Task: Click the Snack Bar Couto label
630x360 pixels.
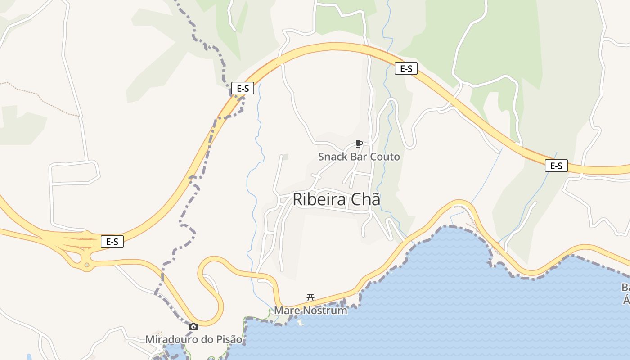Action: [359, 157]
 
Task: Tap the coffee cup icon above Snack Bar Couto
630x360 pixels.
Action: [359, 144]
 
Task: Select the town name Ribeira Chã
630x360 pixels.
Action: [336, 199]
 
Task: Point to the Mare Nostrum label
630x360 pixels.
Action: [310, 310]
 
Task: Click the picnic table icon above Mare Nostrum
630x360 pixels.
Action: [310, 297]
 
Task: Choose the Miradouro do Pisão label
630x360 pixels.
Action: [193, 339]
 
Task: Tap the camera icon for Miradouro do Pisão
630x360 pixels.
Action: [193, 327]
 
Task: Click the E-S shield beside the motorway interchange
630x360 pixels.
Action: [112, 242]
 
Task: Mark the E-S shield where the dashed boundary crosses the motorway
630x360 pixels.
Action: [243, 89]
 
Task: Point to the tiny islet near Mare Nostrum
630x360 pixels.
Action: [300, 323]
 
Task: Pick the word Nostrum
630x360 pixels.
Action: [325, 310]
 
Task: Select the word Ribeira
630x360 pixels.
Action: [320, 199]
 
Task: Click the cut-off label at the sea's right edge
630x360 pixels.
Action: [625, 292]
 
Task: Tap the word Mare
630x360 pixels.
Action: [287, 310]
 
